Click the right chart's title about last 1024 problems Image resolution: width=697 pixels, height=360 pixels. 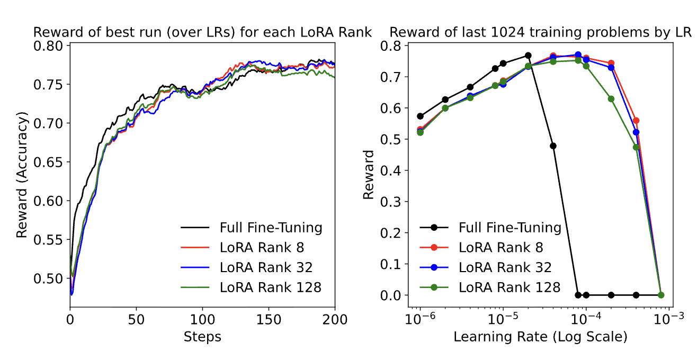[541, 32]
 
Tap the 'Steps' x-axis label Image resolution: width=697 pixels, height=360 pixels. [202, 337]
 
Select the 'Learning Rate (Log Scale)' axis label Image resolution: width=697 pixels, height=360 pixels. [540, 337]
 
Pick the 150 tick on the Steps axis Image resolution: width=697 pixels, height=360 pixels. [269, 320]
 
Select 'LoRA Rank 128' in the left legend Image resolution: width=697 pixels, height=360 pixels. [270, 287]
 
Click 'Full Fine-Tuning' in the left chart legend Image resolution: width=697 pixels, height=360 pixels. [271, 228]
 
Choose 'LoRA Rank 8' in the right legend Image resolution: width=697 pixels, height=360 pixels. [501, 247]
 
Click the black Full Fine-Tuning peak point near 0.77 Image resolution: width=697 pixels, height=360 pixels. [528, 56]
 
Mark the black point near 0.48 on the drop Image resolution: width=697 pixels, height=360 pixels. [553, 146]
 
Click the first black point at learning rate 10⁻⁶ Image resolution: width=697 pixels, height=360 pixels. [421, 116]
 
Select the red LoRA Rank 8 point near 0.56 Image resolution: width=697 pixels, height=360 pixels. [636, 121]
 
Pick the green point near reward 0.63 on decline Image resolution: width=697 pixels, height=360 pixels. [611, 99]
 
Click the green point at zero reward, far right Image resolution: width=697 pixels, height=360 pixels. [661, 295]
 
